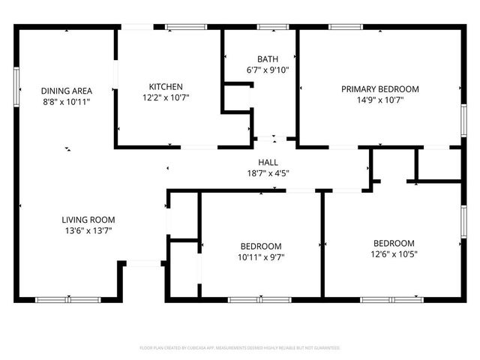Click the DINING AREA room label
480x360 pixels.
click(66, 90)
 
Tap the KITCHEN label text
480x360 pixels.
click(165, 86)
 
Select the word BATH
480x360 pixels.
click(268, 58)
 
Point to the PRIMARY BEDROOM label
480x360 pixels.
click(380, 88)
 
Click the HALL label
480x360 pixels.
click(268, 162)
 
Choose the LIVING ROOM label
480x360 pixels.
click(88, 220)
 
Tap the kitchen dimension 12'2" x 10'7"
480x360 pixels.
click(165, 97)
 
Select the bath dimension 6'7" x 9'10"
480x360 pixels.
click(268, 70)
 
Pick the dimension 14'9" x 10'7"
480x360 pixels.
click(380, 100)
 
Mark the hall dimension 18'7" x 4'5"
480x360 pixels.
click(268, 173)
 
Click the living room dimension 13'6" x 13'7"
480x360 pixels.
click(88, 231)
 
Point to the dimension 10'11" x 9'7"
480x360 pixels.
click(261, 257)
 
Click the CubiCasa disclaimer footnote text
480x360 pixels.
click(240, 348)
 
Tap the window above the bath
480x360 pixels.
click(273, 28)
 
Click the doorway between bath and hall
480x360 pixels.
click(267, 140)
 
